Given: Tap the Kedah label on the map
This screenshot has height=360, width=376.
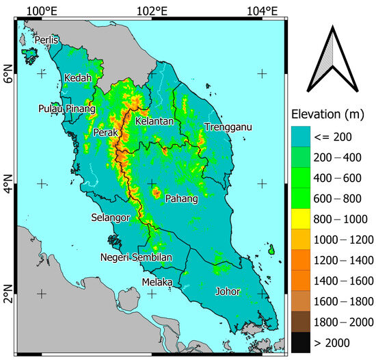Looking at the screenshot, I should [x=77, y=79].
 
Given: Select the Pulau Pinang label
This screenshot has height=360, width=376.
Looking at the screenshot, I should [x=67, y=108].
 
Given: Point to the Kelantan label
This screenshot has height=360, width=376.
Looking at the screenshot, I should [x=155, y=121].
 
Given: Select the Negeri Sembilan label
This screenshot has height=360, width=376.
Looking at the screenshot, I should [x=136, y=257].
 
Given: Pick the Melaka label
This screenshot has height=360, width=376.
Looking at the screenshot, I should [x=157, y=281].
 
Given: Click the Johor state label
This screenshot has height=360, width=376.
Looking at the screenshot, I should [x=227, y=291].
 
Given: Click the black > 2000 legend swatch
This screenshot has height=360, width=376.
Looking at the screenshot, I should [x=299, y=340].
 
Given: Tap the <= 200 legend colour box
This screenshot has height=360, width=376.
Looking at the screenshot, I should [x=299, y=136].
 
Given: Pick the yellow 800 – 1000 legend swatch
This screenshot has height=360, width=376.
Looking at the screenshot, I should [x=299, y=218].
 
